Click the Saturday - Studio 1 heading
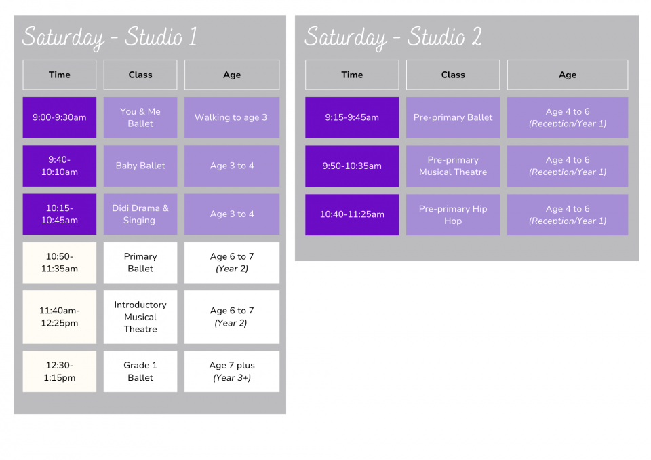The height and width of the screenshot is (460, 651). [110, 37]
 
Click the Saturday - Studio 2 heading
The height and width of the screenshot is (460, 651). [393, 37]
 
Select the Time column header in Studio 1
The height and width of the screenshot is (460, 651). [60, 75]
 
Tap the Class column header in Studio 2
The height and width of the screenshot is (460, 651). [453, 75]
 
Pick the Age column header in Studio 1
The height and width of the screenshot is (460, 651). [232, 75]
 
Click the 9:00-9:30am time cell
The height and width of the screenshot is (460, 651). [60, 117]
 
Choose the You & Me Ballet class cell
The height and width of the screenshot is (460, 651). [140, 117]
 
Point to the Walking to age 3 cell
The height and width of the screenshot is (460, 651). [232, 117]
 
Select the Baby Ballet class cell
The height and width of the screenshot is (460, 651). [140, 166]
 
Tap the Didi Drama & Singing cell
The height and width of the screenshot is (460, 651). [140, 214]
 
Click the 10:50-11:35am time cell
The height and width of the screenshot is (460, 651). [60, 263]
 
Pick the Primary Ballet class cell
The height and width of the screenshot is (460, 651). [140, 263]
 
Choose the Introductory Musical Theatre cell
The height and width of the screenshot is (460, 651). [140, 317]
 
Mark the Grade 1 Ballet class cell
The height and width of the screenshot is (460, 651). [140, 372]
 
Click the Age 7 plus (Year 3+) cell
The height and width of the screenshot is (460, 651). [232, 372]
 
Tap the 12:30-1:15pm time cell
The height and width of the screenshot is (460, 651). [60, 372]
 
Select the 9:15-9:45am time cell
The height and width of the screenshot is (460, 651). [352, 117]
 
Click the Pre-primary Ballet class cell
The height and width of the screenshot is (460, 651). [453, 117]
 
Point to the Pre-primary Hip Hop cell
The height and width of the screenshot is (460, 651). [453, 215]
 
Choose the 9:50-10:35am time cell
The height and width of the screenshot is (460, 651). [352, 166]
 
